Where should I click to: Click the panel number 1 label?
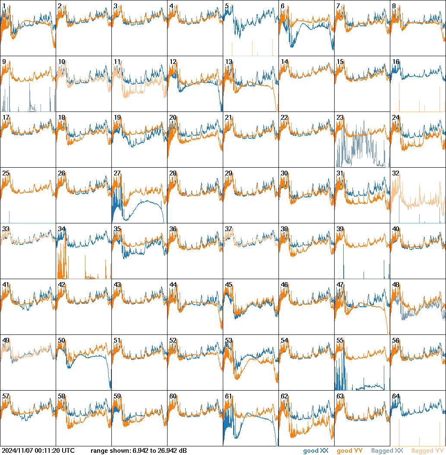pyautogui.click(x=3, y=6)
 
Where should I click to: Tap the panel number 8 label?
pyautogui.click(x=394, y=6)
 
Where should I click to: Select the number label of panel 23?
pyautogui.click(x=340, y=118)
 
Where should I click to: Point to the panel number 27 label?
pyautogui.click(x=117, y=173)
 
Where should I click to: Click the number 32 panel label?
pyautogui.click(x=395, y=173)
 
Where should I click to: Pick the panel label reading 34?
pyautogui.click(x=61, y=229)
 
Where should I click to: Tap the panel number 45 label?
pyautogui.click(x=228, y=285)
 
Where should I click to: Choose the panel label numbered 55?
pyautogui.click(x=340, y=340)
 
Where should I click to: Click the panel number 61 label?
pyautogui.click(x=228, y=396)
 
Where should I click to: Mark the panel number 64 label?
pyautogui.click(x=395, y=396)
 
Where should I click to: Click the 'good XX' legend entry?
pyautogui.click(x=316, y=451)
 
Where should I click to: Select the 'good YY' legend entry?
pyautogui.click(x=349, y=451)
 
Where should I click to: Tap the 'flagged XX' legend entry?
pyautogui.click(x=387, y=451)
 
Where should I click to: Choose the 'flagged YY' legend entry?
pyautogui.click(x=428, y=451)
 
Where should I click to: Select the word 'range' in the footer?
pyautogui.click(x=99, y=451)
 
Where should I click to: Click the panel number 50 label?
pyautogui.click(x=61, y=340)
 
